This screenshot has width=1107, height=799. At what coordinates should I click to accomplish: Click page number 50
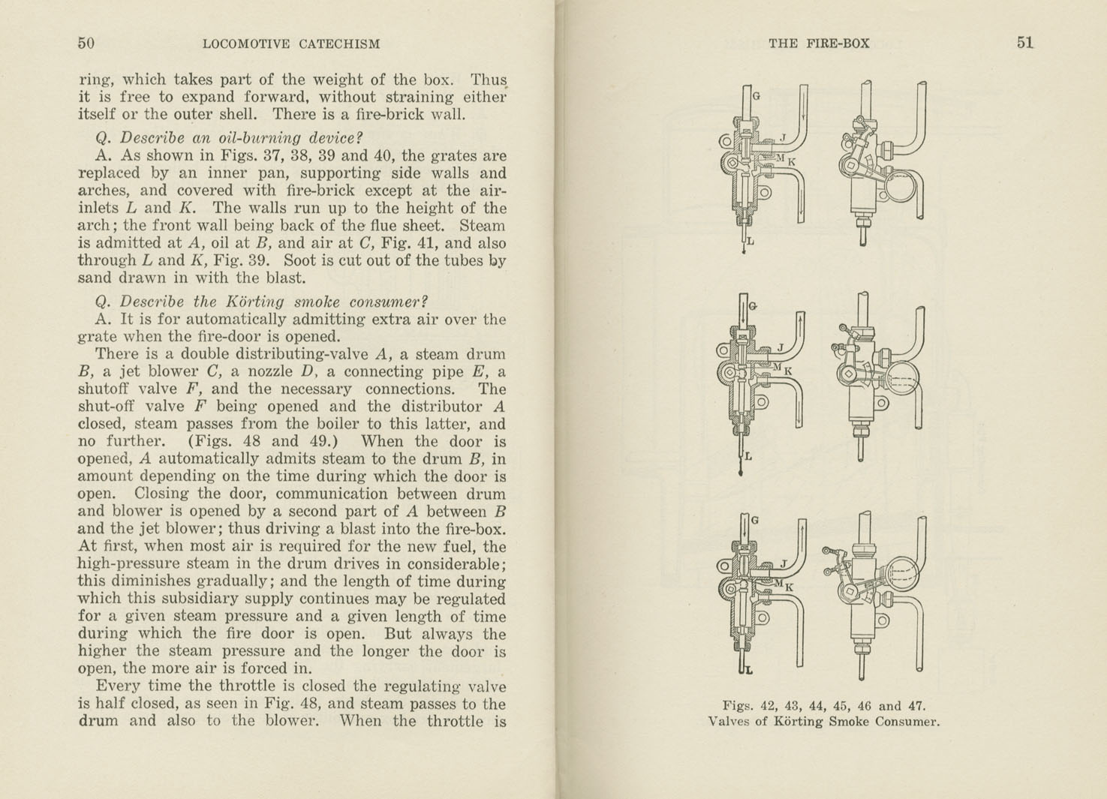pos(86,43)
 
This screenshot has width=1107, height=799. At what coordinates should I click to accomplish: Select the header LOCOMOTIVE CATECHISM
pos(291,44)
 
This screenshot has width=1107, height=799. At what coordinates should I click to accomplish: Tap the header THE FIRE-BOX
pos(819,44)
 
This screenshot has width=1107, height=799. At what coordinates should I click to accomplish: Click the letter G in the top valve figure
pos(756,96)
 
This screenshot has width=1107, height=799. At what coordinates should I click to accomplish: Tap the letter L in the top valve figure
pos(750,242)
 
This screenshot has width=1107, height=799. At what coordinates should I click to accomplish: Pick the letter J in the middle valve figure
pos(781,348)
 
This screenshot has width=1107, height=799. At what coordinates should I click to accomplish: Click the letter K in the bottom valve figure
pos(789,587)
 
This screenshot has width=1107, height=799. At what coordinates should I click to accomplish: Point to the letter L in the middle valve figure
pos(748,456)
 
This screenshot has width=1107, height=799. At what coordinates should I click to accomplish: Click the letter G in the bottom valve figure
pos(755,520)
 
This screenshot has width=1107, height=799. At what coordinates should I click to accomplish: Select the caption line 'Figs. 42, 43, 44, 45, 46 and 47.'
pos(824,705)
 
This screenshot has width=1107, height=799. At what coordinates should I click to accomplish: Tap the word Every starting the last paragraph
pos(118,686)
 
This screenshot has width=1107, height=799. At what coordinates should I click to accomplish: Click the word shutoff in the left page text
pos(104,389)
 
